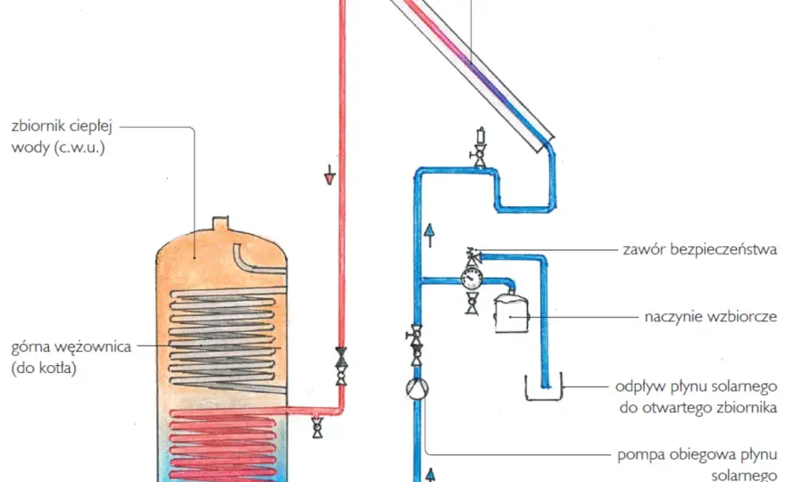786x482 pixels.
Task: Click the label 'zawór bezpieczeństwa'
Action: point(699,249)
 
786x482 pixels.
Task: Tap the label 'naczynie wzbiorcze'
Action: point(711,317)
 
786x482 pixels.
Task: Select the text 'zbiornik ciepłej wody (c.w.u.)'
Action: point(62,137)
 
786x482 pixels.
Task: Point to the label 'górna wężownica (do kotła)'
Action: point(71,357)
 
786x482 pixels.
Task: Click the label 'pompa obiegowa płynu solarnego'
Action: point(698,464)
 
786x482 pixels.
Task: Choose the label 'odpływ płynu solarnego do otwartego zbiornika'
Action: point(697,397)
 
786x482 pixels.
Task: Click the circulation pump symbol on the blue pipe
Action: point(417,388)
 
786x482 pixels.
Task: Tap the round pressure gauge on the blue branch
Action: point(472,278)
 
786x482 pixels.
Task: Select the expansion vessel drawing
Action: point(511,312)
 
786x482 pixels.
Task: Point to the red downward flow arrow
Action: point(330,175)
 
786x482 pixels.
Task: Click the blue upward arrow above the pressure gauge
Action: point(430,236)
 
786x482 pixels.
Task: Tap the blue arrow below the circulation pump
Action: point(431,475)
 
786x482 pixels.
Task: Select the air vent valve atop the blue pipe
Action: point(480,147)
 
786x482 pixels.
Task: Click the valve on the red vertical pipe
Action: point(341,366)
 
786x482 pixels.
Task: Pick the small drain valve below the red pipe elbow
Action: point(317,427)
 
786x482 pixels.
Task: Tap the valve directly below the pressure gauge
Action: point(472,303)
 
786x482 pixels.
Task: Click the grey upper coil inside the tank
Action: point(223,339)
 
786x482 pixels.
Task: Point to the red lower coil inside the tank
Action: point(223,445)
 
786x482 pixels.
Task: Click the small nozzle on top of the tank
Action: point(221,223)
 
